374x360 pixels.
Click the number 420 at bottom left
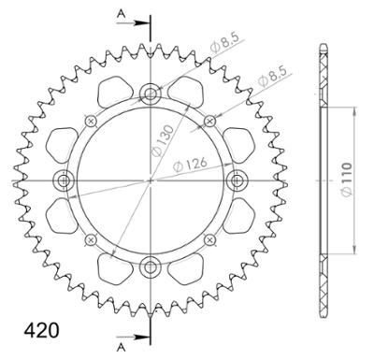click(x=41, y=330)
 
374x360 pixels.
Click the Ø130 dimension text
click(x=162, y=140)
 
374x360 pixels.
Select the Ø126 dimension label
click(x=190, y=165)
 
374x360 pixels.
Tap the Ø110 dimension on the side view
click(x=346, y=180)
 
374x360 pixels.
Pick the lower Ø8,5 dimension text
click(x=272, y=77)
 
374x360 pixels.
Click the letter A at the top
click(x=121, y=13)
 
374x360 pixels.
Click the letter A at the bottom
click(x=122, y=348)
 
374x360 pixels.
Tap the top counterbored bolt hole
click(x=151, y=93)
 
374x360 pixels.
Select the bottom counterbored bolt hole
click(x=151, y=266)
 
